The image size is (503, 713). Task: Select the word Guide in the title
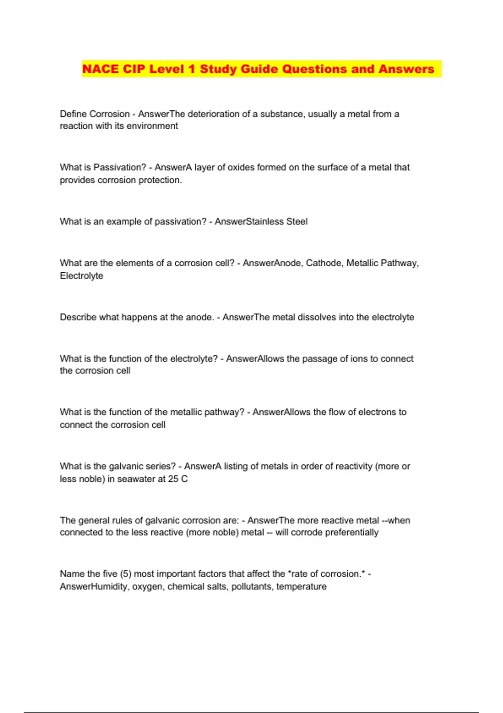tap(259, 69)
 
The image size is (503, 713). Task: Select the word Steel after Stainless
tap(297, 221)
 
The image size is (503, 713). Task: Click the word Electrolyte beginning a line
tap(81, 276)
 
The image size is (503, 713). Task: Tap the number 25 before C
tap(173, 479)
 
